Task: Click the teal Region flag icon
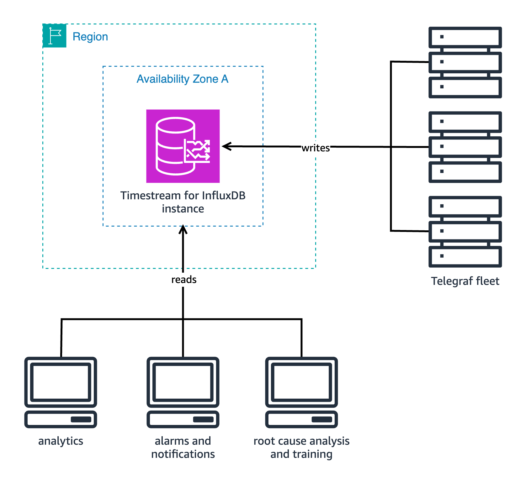click(55, 36)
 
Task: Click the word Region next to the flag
click(90, 37)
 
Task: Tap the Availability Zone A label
click(183, 79)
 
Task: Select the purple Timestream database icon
click(183, 146)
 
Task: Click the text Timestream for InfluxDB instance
click(183, 202)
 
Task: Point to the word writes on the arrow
click(316, 148)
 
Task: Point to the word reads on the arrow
click(184, 279)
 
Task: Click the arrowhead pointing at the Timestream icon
click(226, 146)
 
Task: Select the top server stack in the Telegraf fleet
click(465, 62)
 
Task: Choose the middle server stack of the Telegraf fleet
click(465, 147)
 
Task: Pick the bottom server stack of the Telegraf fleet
click(465, 232)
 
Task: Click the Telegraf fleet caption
click(465, 281)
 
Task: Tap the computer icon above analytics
click(61, 392)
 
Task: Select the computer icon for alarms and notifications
click(183, 392)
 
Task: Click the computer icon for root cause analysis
click(301, 392)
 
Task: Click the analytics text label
click(61, 441)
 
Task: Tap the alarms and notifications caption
click(183, 448)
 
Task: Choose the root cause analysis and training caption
click(301, 448)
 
